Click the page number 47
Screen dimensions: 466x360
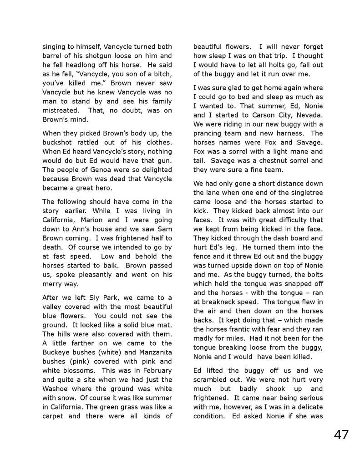(341, 434)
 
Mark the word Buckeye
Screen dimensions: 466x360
(57, 352)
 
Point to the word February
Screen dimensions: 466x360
(156, 371)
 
